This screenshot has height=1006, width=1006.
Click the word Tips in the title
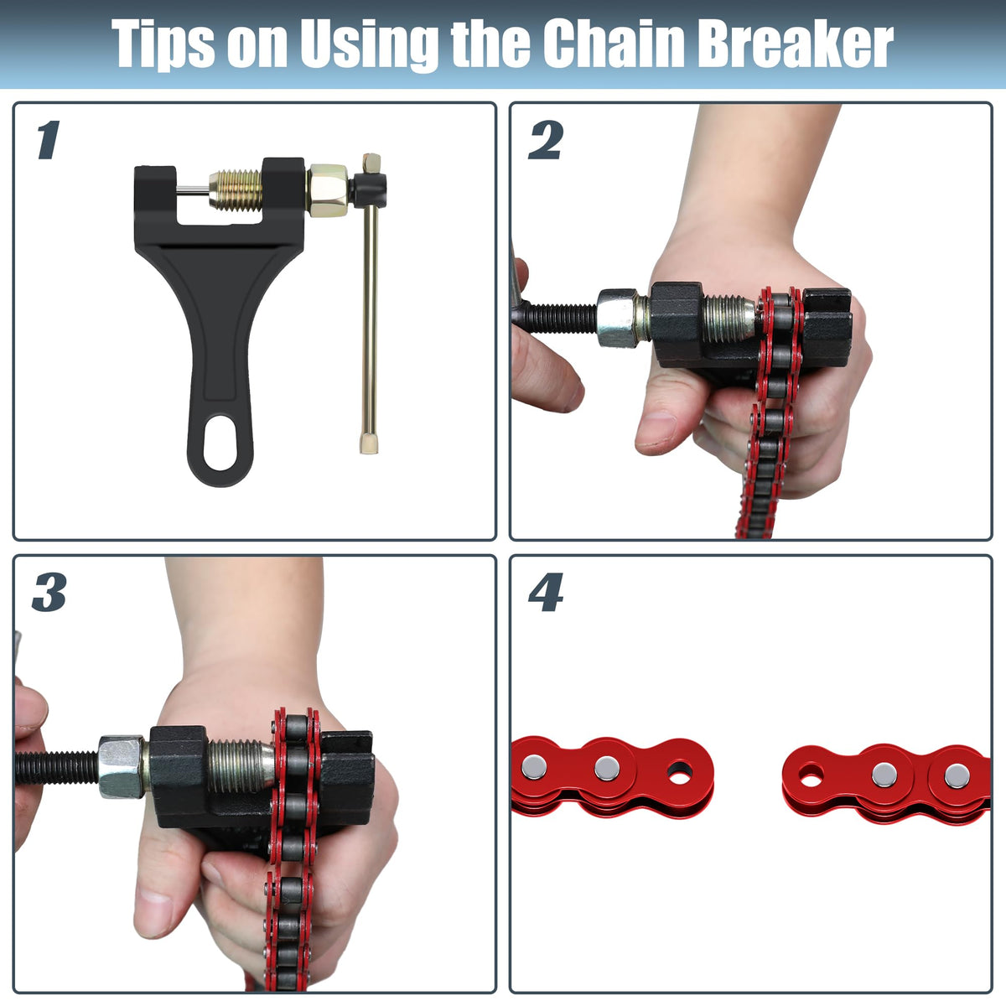pyautogui.click(x=163, y=44)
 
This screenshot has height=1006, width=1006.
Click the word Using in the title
pyautogui.click(x=369, y=45)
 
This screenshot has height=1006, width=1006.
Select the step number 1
pyautogui.click(x=49, y=139)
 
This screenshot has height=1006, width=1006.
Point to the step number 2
pyautogui.click(x=546, y=139)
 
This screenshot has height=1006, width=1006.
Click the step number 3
pyautogui.click(x=49, y=592)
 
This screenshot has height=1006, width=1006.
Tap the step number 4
pyautogui.click(x=546, y=592)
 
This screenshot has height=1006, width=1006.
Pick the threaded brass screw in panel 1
pyautogui.click(x=236, y=190)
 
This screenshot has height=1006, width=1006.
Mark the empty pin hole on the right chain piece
pyautogui.click(x=811, y=776)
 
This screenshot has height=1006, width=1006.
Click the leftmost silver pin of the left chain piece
pyautogui.click(x=534, y=767)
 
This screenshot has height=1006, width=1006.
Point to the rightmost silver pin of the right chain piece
pyautogui.click(x=957, y=775)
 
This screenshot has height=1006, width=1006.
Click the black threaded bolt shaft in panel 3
pyautogui.click(x=56, y=767)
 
